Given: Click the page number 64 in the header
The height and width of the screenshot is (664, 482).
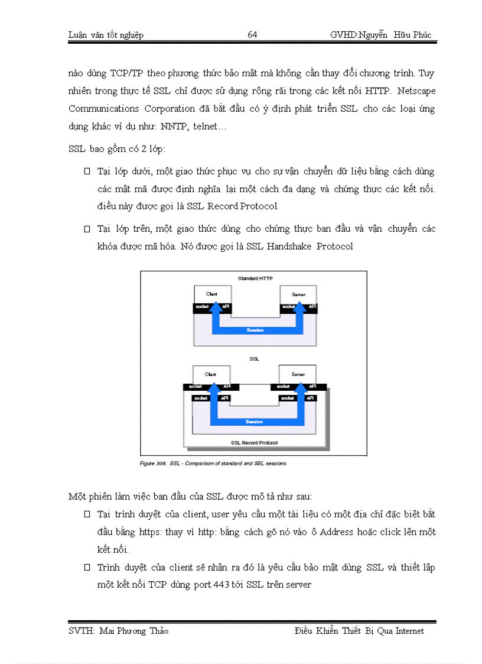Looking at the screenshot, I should pos(252,35).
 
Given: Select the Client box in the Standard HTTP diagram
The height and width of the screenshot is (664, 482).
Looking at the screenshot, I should pos(211,294).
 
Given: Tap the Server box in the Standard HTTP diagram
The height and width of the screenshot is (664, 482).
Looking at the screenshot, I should pos(298,294).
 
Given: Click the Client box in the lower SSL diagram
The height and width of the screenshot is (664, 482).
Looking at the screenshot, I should pos(211,374).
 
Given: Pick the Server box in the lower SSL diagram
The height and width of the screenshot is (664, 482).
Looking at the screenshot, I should pos(298,374).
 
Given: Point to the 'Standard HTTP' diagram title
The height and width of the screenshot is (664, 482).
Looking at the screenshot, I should pos(255,278).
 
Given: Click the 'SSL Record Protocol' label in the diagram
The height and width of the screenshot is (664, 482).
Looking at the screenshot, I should pos(255,442).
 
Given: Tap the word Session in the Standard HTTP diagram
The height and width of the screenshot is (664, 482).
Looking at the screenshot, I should pos(255,330).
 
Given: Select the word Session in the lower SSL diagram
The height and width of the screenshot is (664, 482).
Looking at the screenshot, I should pos(255,422).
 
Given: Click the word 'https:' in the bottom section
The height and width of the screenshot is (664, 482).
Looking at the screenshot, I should pos(150,532).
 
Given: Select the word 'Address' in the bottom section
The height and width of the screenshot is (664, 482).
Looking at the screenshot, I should pos(336,532).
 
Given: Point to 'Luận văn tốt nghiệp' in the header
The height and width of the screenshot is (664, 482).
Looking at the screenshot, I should pos(106,35).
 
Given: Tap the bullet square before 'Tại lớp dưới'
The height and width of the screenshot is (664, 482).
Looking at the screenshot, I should pos(87,172).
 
